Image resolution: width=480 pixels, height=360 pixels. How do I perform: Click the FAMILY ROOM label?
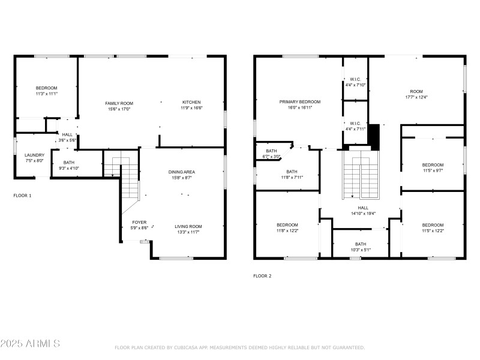[119, 103]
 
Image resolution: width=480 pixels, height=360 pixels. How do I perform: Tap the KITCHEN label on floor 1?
[191, 103]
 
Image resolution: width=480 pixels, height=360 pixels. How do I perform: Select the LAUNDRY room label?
[34, 155]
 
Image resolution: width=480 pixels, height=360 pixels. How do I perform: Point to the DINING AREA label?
[181, 172]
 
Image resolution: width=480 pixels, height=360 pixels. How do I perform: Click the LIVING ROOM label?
[188, 226]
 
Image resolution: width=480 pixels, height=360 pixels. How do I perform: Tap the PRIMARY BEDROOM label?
[300, 101]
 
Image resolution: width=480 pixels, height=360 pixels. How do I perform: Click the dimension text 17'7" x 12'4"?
[416, 97]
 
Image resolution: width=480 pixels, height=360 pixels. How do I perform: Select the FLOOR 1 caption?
[23, 196]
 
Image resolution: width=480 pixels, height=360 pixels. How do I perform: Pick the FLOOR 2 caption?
[262, 276]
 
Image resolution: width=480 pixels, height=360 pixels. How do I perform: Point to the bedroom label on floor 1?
[46, 88]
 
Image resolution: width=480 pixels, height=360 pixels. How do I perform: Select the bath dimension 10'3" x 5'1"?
[360, 250]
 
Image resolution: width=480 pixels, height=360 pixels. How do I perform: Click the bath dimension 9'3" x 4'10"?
[69, 168]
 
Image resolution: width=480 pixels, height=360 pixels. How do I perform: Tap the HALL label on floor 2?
[363, 207]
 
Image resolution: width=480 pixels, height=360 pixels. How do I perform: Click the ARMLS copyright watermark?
[30, 344]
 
